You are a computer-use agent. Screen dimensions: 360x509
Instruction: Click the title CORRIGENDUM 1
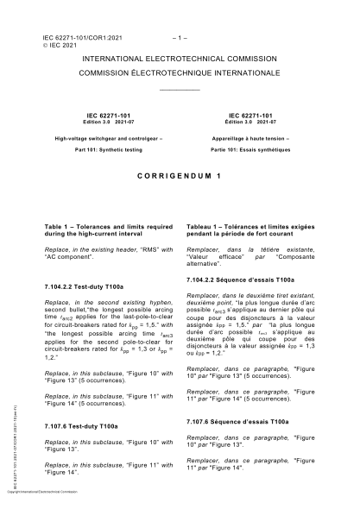(180, 173)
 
